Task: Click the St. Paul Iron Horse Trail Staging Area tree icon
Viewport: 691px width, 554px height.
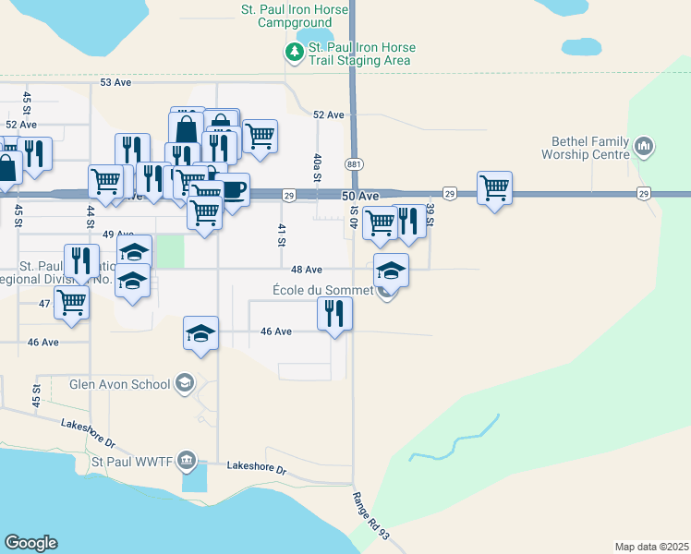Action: [x=295, y=53]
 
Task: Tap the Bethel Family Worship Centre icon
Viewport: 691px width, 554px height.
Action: [x=645, y=147]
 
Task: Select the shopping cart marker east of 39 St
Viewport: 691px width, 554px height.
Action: [x=495, y=187]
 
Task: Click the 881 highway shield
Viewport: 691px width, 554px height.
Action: [x=354, y=163]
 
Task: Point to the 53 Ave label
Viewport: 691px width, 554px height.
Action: [x=116, y=82]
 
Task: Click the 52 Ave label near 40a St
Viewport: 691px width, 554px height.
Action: [x=328, y=114]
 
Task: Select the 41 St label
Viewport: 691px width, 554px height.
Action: [x=281, y=235]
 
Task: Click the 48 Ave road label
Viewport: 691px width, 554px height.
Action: [x=306, y=270]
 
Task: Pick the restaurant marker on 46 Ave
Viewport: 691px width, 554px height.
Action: [x=334, y=313]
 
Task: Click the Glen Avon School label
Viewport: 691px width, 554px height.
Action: [x=120, y=384]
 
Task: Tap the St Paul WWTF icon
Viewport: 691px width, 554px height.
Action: [x=187, y=460]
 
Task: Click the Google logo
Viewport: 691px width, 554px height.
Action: [x=30, y=543]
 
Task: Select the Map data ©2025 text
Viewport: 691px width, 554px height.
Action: [x=651, y=547]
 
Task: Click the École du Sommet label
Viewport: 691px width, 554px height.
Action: [x=322, y=290]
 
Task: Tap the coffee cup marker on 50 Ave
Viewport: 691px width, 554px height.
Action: [x=232, y=190]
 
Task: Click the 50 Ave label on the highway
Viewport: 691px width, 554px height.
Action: [x=360, y=197]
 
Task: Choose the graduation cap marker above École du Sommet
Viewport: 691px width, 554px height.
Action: [x=391, y=271]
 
